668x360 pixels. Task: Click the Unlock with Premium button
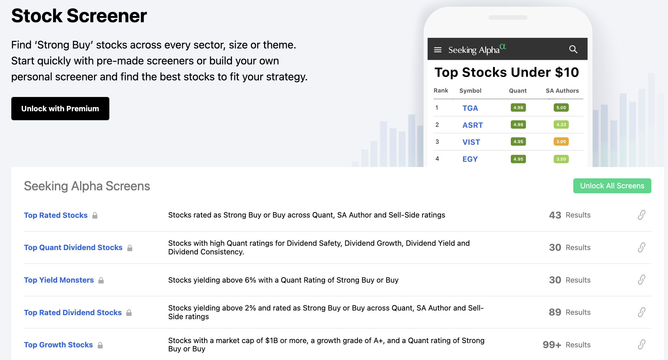(x=60, y=109)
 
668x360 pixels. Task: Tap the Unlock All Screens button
(x=612, y=186)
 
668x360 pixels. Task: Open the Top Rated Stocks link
(x=56, y=215)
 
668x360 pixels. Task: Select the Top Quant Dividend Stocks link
(x=73, y=247)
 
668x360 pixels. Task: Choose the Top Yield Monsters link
(x=59, y=280)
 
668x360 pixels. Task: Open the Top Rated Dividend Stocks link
(x=73, y=313)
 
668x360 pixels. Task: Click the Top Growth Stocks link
(x=58, y=345)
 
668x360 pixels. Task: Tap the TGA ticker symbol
(x=470, y=108)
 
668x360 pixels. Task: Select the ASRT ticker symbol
(x=473, y=125)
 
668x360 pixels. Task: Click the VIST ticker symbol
(x=471, y=142)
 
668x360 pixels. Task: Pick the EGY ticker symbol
(x=470, y=159)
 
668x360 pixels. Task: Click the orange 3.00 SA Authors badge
(x=561, y=141)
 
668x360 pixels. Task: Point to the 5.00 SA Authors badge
(x=561, y=108)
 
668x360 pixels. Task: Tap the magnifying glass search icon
(x=573, y=49)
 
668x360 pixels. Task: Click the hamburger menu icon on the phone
(x=438, y=50)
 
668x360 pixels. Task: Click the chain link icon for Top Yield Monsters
(x=641, y=280)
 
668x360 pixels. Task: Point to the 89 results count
(x=555, y=312)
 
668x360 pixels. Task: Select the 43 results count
(x=555, y=215)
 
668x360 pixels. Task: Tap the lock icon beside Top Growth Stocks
(x=100, y=345)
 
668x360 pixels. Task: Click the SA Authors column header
(x=562, y=91)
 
